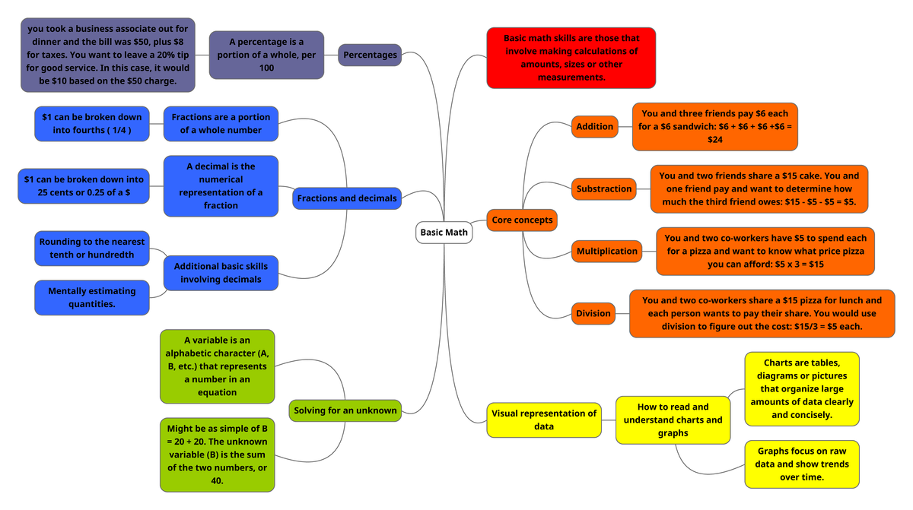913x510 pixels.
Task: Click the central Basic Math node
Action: click(444, 232)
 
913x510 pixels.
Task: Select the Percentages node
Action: click(370, 55)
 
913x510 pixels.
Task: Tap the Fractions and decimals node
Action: click(347, 198)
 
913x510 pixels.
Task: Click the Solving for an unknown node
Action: click(345, 410)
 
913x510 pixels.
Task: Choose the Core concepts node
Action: click(522, 220)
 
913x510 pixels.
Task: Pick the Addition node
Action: click(594, 127)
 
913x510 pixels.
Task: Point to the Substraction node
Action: click(604, 188)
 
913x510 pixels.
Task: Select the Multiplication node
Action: click(606, 251)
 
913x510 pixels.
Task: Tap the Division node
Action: click(593, 313)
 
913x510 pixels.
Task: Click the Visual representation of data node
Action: click(543, 420)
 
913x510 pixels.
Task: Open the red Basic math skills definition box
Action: click(571, 58)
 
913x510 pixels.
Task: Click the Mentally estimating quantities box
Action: click(91, 297)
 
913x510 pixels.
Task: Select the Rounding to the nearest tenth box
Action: click(91, 249)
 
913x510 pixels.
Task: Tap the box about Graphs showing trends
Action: click(802, 464)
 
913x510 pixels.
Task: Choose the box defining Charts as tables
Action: click(801, 388)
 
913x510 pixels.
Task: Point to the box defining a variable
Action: click(217, 366)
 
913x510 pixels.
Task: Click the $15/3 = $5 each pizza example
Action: click(762, 313)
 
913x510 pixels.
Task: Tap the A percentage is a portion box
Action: click(266, 55)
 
